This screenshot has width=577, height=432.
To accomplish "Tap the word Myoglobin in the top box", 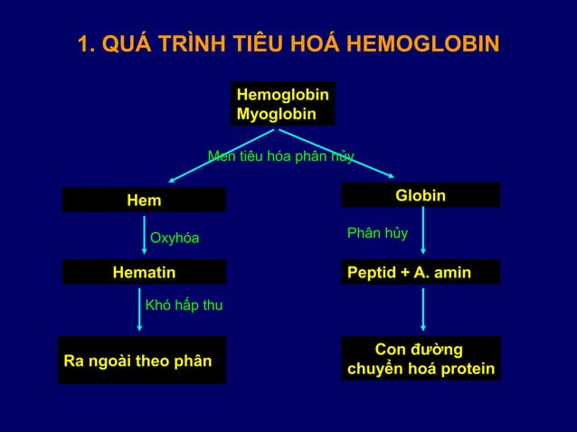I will click(276, 115).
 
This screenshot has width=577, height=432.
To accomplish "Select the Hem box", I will click(144, 200).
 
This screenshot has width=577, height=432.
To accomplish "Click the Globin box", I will click(421, 195).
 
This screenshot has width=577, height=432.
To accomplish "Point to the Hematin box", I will click(144, 272).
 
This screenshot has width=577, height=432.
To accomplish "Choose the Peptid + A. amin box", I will click(421, 272).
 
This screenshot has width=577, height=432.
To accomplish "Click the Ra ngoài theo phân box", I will click(142, 361).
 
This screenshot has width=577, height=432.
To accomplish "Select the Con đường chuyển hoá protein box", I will click(421, 359).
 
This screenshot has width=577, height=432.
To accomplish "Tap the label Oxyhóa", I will click(174, 239).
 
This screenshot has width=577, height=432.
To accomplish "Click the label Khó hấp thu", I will click(184, 306).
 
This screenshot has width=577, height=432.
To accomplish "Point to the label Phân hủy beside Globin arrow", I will click(377, 233).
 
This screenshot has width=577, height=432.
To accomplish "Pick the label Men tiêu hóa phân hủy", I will click(280, 156).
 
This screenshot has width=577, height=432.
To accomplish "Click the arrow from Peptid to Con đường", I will click(423, 310).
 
